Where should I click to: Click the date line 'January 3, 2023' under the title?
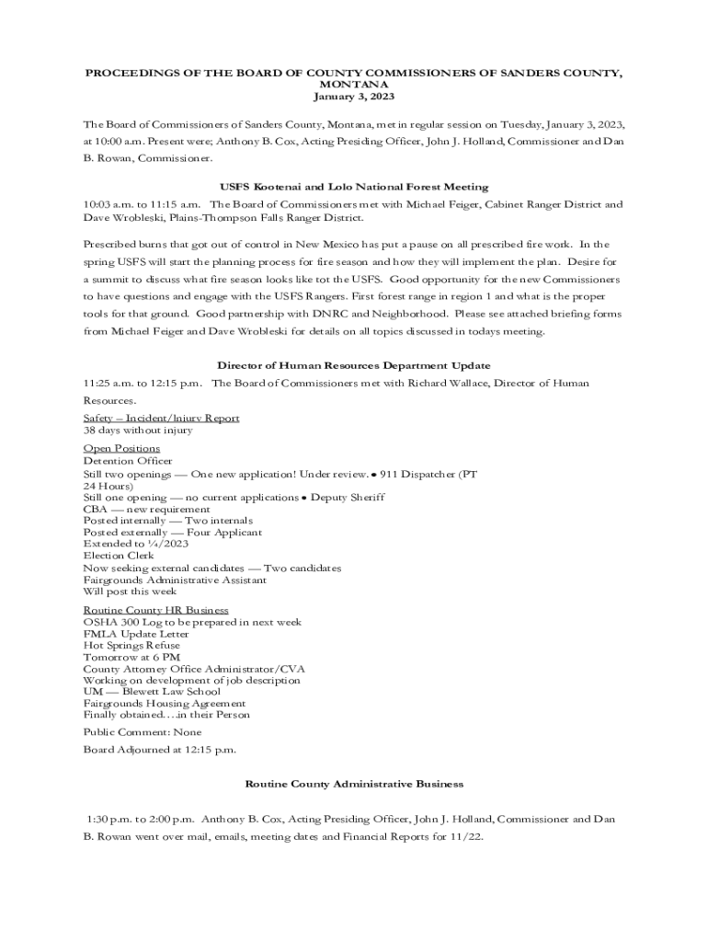354,96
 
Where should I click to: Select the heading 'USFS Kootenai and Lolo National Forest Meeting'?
354,187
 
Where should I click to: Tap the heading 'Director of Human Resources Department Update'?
354,365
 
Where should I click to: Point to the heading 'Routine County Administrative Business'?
354,784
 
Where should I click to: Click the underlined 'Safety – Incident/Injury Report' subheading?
161,418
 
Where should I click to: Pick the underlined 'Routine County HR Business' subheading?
156,610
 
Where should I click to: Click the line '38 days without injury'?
138,430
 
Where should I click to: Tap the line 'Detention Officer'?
128,461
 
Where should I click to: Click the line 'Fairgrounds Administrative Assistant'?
175,580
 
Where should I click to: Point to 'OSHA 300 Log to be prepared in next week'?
192,622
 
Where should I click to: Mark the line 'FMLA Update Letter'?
136,634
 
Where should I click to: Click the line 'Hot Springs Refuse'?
131,646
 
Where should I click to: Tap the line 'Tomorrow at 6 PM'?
131,657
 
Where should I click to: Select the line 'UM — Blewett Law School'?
152,692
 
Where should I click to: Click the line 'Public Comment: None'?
143,732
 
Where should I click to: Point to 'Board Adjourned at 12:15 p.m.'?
159,750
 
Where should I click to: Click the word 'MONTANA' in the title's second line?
354,84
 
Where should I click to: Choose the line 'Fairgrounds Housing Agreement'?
165,704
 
